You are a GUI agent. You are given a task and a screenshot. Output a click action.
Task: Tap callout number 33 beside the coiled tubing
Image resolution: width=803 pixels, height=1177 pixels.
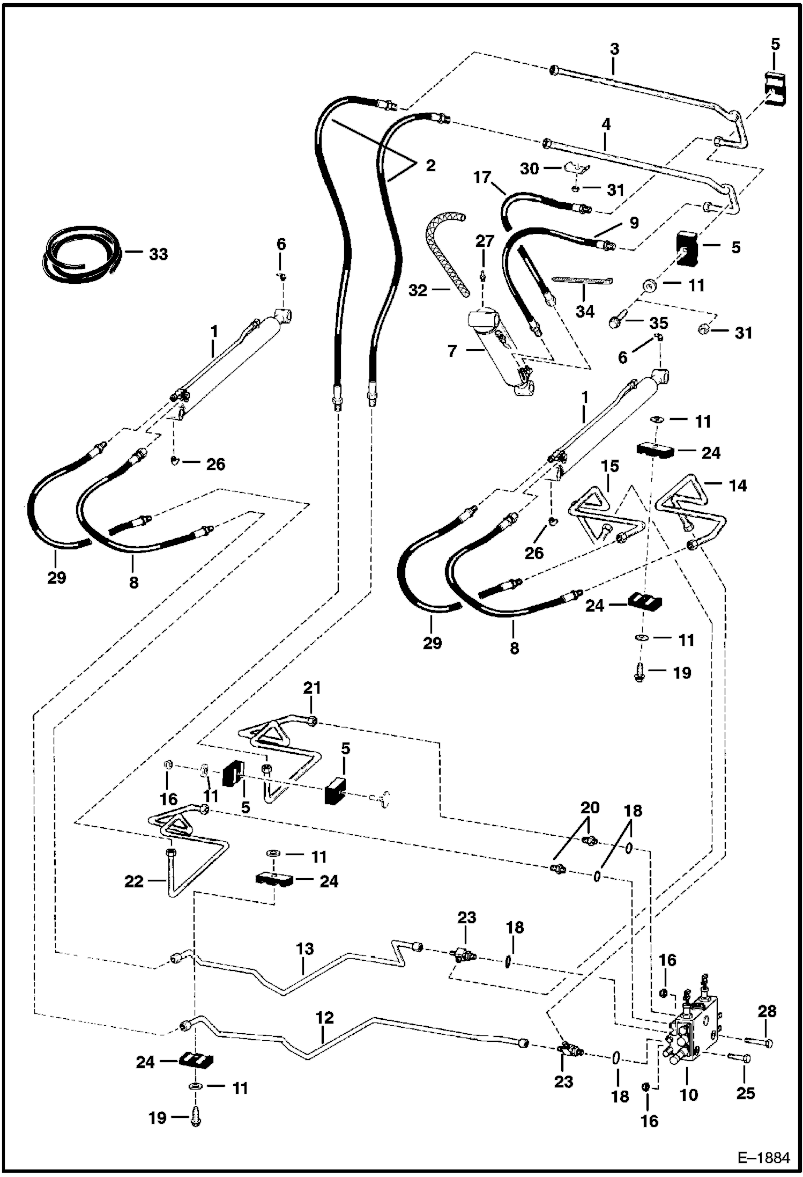[x=158, y=254]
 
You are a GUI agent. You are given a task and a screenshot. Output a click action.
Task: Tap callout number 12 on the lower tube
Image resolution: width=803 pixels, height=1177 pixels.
[x=325, y=1018]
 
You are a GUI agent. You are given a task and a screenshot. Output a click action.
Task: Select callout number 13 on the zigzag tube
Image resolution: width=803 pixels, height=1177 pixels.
[x=304, y=948]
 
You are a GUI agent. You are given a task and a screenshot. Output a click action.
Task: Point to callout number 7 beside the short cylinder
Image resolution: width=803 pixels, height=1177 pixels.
[x=452, y=351]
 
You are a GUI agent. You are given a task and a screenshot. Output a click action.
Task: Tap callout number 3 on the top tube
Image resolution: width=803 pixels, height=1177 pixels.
[x=614, y=49]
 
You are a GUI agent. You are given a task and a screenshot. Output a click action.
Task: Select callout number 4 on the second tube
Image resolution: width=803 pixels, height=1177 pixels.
[x=606, y=124]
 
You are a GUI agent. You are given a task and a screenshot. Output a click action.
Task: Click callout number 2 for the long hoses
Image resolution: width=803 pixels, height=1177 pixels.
[x=430, y=165]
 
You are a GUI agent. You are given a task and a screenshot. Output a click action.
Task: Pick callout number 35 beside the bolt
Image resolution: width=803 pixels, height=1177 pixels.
[x=659, y=323]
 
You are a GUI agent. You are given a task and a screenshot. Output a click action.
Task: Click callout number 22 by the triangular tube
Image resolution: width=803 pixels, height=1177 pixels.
[x=134, y=881]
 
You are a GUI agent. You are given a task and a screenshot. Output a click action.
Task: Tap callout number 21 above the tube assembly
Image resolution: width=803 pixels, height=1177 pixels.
[x=312, y=688]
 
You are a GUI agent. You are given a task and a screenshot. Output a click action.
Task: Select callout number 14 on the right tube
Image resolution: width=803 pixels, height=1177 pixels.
[x=738, y=485]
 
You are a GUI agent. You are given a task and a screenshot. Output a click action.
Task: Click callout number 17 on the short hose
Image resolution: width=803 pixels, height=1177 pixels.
[x=481, y=176]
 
